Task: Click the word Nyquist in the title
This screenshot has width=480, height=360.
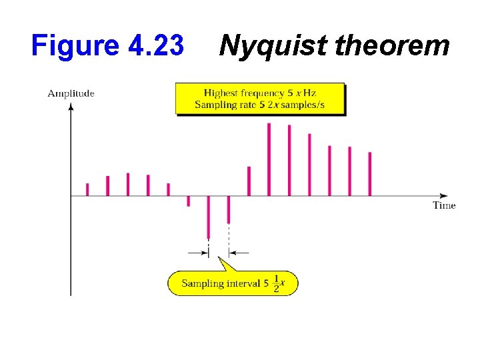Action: (x=273, y=46)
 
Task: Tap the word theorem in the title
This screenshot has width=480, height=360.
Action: (x=392, y=46)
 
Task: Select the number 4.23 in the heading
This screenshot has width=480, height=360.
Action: (x=154, y=46)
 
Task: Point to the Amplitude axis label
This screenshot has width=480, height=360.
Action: (x=71, y=93)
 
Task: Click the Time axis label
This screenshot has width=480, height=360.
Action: (x=444, y=205)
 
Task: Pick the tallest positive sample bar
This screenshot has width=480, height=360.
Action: (x=269, y=159)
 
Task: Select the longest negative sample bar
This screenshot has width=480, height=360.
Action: (x=209, y=217)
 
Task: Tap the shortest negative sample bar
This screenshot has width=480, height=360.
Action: (x=189, y=201)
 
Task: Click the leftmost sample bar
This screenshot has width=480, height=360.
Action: (x=87, y=189)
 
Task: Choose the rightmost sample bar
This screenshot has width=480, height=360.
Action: (x=369, y=174)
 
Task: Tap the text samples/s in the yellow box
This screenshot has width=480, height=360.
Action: (x=319, y=105)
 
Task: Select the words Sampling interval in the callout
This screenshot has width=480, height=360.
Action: (x=221, y=283)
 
